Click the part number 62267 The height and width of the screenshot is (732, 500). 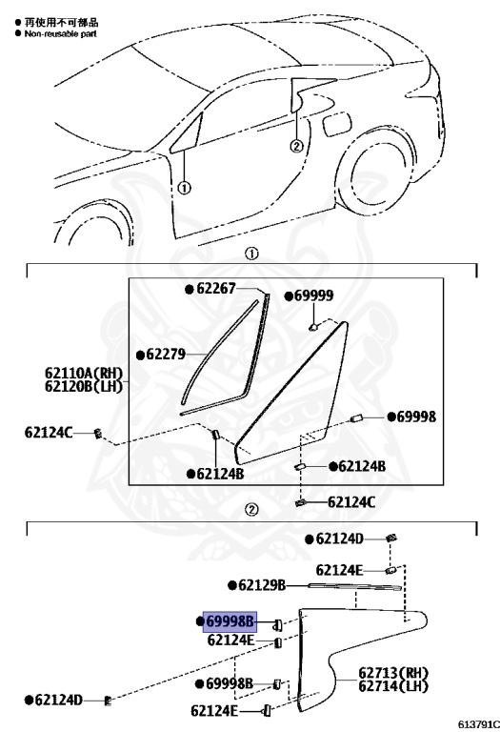pos(216,289)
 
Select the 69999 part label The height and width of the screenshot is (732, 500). pos(314,296)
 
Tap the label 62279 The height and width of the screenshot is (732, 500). pos(166,355)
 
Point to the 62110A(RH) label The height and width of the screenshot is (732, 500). pos(84,374)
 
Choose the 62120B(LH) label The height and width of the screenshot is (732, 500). pos(84,387)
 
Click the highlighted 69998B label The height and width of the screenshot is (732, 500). pos(230,621)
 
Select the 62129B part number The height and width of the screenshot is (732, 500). pos(262,585)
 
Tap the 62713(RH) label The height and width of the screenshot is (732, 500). pos(393,673)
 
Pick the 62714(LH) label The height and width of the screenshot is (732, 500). pos(393,686)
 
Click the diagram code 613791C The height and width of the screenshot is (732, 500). pos(478,724)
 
